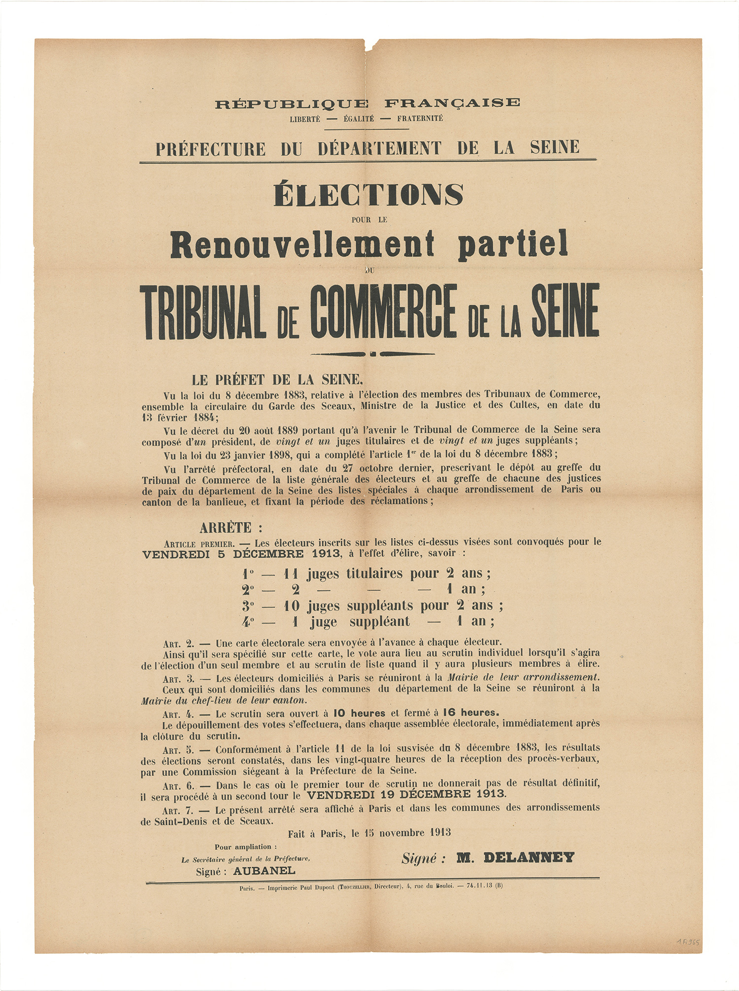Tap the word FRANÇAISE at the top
coord(452,103)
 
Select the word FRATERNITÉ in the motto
coord(420,118)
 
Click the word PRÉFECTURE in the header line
coord(211,148)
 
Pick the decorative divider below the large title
coord(372,354)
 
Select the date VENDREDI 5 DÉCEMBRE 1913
coord(241,553)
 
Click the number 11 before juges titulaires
coord(290,573)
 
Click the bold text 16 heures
coord(470,713)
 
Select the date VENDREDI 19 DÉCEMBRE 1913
coord(406,795)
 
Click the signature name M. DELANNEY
coord(515,857)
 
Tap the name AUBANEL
coord(264,871)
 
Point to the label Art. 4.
coord(177,713)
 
